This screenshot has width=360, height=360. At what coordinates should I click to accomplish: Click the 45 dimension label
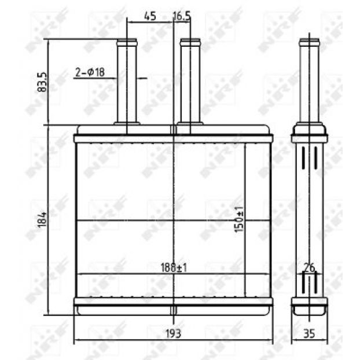click(x=150, y=16)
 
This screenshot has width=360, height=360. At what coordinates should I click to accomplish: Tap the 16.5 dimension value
click(x=182, y=16)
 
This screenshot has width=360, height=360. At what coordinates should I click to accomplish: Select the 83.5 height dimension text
click(x=42, y=82)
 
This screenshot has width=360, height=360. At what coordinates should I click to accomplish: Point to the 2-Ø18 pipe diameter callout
click(x=90, y=72)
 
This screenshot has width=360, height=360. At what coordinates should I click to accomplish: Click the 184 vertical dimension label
click(x=42, y=220)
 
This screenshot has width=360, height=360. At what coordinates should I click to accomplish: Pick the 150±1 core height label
click(x=239, y=219)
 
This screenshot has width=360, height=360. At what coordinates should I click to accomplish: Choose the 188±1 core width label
click(x=174, y=268)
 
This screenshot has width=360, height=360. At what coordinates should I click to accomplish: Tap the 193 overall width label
click(x=173, y=333)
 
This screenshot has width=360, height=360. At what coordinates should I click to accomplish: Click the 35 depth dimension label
click(x=309, y=333)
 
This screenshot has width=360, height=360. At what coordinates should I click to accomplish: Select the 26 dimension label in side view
click(x=309, y=268)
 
